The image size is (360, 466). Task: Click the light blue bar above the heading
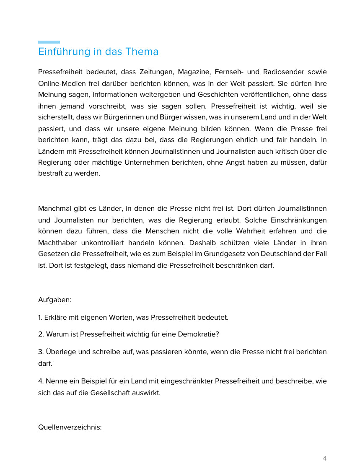[49, 42]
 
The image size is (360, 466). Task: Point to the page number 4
[325, 458]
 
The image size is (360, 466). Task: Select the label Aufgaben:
[55, 300]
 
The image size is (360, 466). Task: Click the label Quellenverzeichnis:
[70, 427]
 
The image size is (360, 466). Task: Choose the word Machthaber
[57, 243]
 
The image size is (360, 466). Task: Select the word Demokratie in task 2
[199, 334]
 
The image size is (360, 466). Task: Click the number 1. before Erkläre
[40, 317]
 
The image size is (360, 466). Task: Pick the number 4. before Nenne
[41, 381]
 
